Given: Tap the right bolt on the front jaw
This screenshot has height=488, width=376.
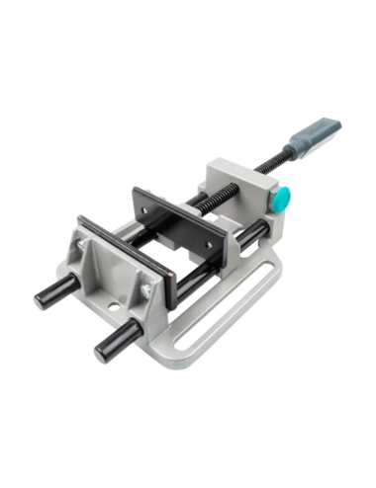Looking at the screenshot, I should click(x=145, y=288).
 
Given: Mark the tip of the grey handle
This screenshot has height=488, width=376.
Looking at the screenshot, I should click(x=337, y=123).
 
